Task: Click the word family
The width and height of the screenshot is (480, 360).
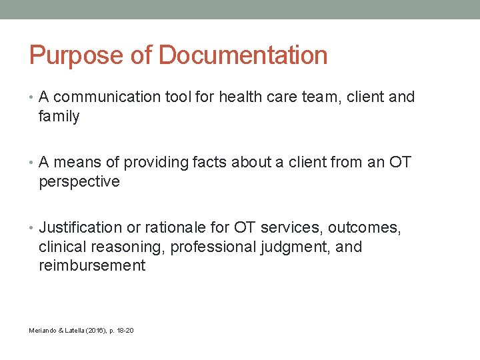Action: click(x=59, y=117)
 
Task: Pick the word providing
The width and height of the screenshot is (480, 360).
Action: click(x=157, y=163)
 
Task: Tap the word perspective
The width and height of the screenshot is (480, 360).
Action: click(x=79, y=182)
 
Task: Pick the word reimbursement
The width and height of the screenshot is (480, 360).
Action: click(x=92, y=265)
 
